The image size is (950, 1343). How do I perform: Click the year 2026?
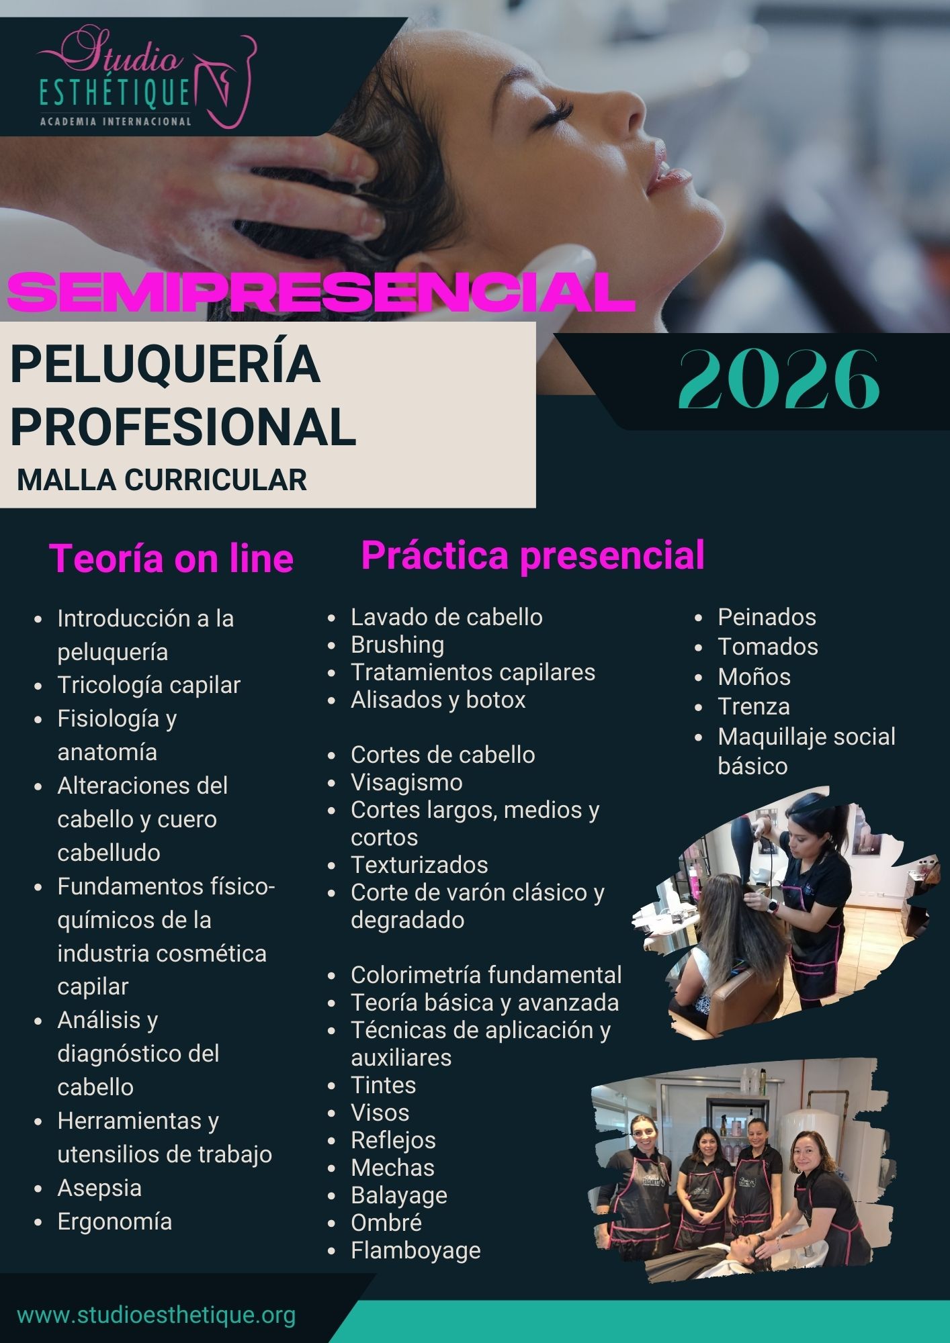[x=779, y=380]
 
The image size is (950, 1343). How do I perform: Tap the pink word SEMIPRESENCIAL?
[x=321, y=291]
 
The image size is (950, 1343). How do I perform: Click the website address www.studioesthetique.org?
[x=157, y=1314]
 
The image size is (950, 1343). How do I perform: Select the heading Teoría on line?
[x=171, y=558]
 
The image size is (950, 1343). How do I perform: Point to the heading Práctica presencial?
[x=533, y=556]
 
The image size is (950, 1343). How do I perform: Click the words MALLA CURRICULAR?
[x=162, y=480]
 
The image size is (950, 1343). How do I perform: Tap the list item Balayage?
[x=399, y=1195]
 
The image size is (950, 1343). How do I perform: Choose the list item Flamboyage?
[x=416, y=1250]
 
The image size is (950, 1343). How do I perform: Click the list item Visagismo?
[x=406, y=782]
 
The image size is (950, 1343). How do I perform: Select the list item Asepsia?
[x=99, y=1188]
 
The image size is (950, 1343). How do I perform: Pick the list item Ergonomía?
[x=115, y=1221]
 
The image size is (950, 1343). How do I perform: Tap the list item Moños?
[x=754, y=676]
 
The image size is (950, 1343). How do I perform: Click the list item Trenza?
[x=754, y=706]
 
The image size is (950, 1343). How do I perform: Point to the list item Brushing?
[x=398, y=645]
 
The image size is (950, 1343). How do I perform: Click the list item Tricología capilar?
[x=149, y=685]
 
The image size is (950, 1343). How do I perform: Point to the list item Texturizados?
[x=419, y=865]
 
